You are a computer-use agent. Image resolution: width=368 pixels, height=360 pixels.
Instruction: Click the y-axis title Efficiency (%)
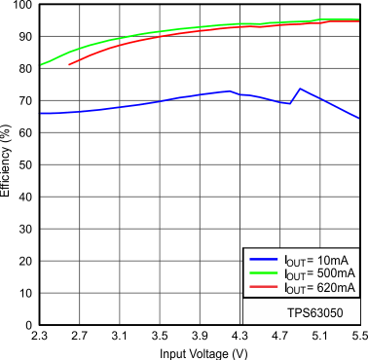7,162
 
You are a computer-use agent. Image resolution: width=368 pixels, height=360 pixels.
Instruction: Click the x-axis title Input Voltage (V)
199,351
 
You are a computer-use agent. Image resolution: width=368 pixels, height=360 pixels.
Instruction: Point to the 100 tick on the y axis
23,6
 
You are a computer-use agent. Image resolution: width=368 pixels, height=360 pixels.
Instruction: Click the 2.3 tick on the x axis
40,336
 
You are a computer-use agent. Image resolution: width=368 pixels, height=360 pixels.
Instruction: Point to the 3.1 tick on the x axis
120,336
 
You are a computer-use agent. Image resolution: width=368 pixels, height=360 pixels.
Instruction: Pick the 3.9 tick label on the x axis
200,336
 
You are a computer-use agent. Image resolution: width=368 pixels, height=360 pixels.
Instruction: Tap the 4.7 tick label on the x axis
280,336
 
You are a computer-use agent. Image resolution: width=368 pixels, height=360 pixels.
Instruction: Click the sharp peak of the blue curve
300,89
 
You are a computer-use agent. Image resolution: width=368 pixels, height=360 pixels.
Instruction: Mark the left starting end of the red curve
69,64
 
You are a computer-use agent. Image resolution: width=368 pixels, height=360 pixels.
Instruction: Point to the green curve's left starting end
40,65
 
